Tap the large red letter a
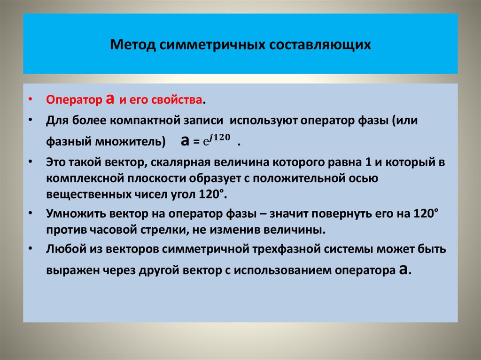110,99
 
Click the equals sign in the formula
197,142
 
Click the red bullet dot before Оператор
30,100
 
